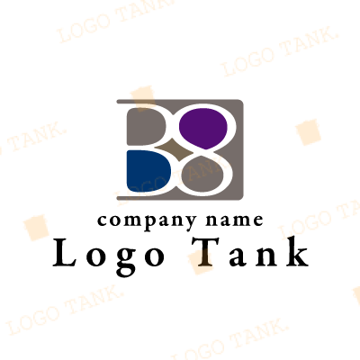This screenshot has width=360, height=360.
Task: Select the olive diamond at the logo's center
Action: [175, 150]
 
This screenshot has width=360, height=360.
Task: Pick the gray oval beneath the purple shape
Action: [202, 175]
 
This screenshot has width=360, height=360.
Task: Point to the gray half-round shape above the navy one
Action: [146, 126]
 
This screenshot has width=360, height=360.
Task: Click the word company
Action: [147, 222]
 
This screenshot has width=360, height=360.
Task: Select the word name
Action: [235, 220]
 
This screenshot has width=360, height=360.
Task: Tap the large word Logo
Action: [109, 256]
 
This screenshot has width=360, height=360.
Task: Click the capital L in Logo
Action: [65, 252]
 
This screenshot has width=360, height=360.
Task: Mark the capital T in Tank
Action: [206, 252]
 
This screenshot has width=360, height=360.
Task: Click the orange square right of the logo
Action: [308, 132]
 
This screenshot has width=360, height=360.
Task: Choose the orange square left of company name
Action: [36, 228]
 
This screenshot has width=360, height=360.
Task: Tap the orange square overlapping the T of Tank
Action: [201, 262]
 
